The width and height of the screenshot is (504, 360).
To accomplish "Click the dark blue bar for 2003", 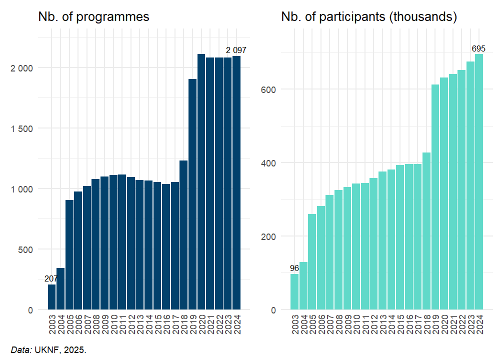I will point(52,297).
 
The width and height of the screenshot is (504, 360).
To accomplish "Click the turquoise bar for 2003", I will point(294,292).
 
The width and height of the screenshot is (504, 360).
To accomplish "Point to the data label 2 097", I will point(236,50).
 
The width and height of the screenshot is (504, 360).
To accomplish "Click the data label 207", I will point(51,278).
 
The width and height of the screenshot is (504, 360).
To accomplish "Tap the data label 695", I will point(478,48).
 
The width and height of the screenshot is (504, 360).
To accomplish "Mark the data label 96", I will point(294,268).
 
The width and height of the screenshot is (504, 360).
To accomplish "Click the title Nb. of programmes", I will point(93,16).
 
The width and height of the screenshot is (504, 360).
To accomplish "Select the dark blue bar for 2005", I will point(69,254).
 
